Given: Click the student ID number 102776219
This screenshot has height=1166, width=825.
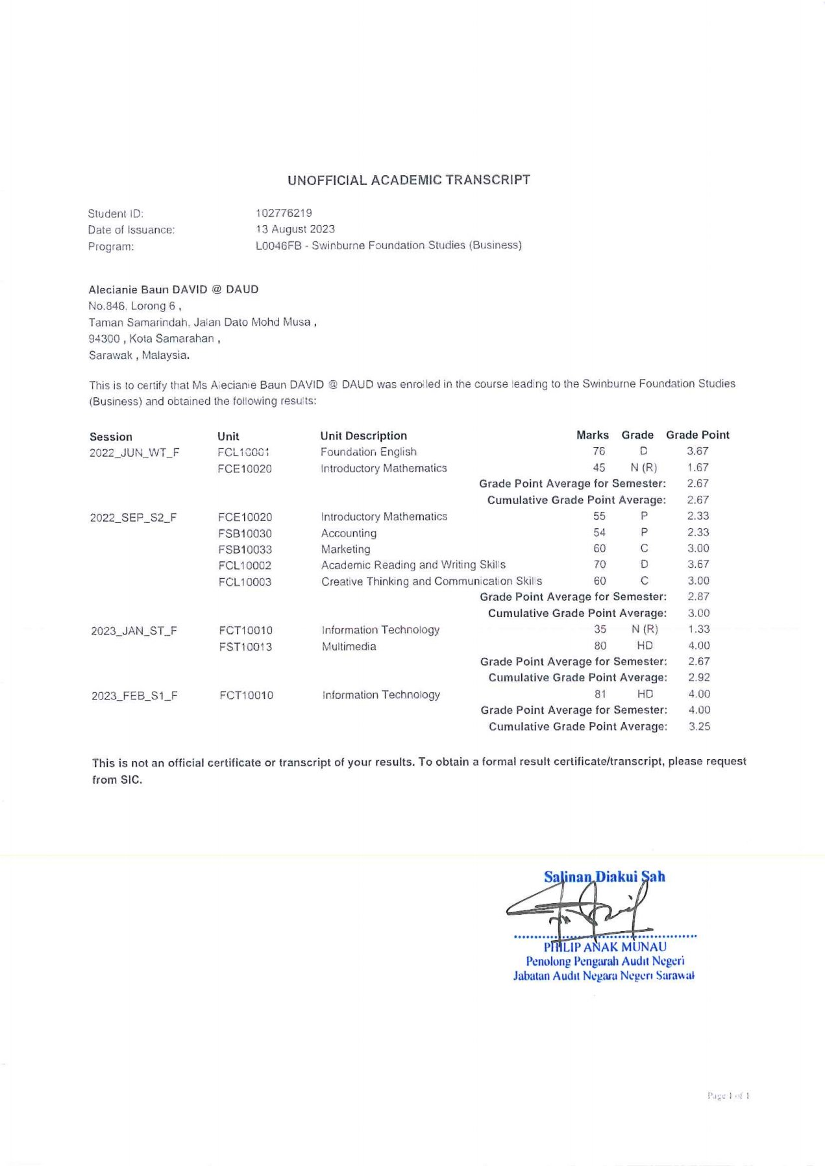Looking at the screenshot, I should (284, 213).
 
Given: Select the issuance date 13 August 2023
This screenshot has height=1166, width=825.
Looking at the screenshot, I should (295, 229).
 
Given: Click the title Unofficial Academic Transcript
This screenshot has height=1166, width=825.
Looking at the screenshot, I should (409, 180).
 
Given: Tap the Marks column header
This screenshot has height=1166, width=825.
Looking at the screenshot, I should (593, 435).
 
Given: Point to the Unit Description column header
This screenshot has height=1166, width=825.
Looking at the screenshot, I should (363, 436).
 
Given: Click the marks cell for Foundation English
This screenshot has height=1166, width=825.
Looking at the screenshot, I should (598, 451).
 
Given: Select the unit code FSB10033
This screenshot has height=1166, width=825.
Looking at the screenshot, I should (245, 550).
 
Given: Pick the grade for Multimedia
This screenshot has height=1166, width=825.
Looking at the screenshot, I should (645, 646).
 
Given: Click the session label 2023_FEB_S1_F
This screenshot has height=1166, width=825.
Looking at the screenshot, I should (134, 696).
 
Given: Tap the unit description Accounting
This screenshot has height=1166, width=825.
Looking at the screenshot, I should (349, 533).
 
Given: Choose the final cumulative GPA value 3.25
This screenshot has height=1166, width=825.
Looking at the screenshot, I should (699, 727).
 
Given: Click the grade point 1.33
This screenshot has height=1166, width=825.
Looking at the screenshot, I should (699, 629).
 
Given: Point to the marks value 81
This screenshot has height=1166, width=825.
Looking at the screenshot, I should (600, 694).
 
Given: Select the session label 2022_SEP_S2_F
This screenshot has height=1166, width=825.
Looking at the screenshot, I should (133, 518).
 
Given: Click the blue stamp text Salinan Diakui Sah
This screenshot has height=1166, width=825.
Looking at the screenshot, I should (604, 877).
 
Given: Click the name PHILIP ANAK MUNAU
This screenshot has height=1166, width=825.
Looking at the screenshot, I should (605, 947).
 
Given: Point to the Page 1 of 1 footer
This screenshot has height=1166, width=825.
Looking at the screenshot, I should (728, 1096).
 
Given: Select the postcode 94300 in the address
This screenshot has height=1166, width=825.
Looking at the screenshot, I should (104, 339).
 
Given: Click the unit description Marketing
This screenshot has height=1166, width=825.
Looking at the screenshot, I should (345, 550).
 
